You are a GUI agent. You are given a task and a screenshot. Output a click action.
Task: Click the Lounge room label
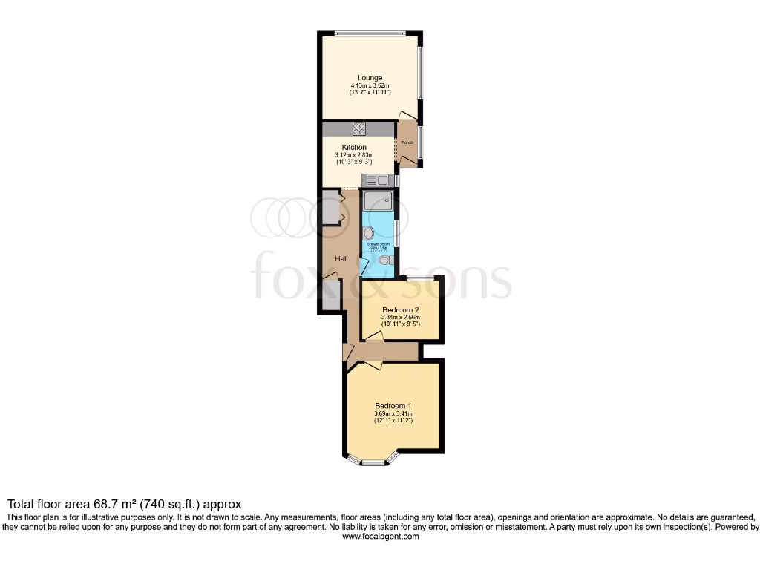pyautogui.click(x=370, y=78)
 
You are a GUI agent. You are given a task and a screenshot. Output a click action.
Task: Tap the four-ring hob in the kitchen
pyautogui.click(x=360, y=128)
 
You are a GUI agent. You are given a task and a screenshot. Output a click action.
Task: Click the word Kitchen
pyautogui.click(x=354, y=148)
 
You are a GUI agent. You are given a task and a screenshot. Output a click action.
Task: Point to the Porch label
pyautogui.click(x=407, y=142)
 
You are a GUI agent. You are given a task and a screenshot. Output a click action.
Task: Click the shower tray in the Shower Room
pyautogui.click(x=378, y=200)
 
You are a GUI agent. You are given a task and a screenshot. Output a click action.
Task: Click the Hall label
pyautogui.click(x=341, y=258)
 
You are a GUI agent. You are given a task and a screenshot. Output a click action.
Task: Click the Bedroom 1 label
pyautogui.click(x=393, y=406)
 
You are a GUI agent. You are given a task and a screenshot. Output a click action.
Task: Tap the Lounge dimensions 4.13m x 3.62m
pyautogui.click(x=370, y=86)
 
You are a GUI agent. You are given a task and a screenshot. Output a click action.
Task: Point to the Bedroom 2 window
pyautogui.click(x=419, y=278)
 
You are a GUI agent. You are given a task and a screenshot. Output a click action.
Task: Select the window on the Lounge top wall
pyautogui.click(x=370, y=33)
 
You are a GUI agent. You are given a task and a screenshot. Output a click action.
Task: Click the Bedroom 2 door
pyautogui.click(x=374, y=336)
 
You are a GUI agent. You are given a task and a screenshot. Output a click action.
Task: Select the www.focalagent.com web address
pyautogui.click(x=380, y=537)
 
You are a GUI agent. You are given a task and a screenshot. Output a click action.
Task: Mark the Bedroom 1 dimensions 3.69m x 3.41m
pyautogui.click(x=393, y=414)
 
